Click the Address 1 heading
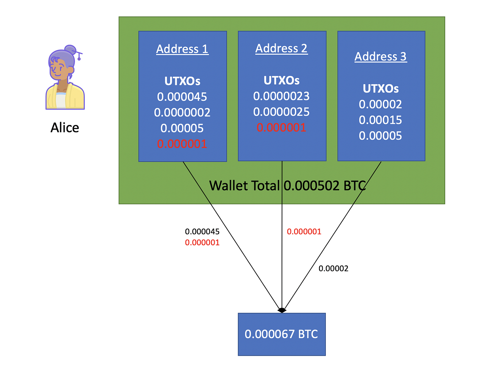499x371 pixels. point(182,49)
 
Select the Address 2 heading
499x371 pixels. point(281,48)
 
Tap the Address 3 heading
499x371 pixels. point(380,56)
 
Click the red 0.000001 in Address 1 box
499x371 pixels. point(182,144)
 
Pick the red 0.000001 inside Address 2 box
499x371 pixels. point(281,127)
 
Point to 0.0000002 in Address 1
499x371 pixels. point(182,112)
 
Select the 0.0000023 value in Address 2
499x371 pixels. point(281,96)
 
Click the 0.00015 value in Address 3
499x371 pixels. point(380,120)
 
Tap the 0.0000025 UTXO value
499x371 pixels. point(281,112)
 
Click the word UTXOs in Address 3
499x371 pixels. point(380,89)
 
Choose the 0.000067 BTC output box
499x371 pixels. point(282,334)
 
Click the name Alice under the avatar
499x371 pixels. point(65,127)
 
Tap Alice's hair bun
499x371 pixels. point(70,50)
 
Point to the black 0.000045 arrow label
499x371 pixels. point(202,231)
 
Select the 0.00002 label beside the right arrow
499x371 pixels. point(333,269)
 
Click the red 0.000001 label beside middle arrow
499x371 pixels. point(304,231)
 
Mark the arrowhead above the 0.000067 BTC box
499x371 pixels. point(282,310)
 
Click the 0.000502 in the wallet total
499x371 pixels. point(312,186)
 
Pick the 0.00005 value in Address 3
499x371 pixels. point(380,136)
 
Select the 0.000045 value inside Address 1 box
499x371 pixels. point(182,97)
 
